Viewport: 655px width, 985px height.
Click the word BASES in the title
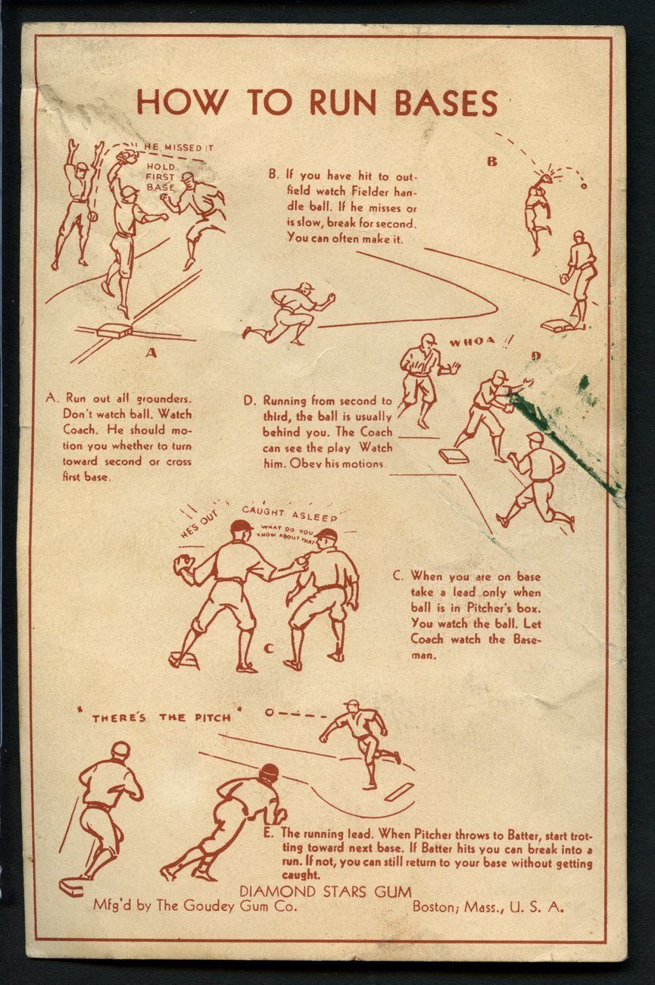tap(446, 103)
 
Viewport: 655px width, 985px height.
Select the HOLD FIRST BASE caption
tap(161, 177)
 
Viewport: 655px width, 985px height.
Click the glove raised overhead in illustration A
tap(126, 157)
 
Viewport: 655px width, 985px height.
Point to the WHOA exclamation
tap(477, 341)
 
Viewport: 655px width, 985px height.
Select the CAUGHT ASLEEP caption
tap(289, 513)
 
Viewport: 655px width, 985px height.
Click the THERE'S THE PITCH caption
tap(162, 718)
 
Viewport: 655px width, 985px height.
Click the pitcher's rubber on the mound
tap(399, 792)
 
